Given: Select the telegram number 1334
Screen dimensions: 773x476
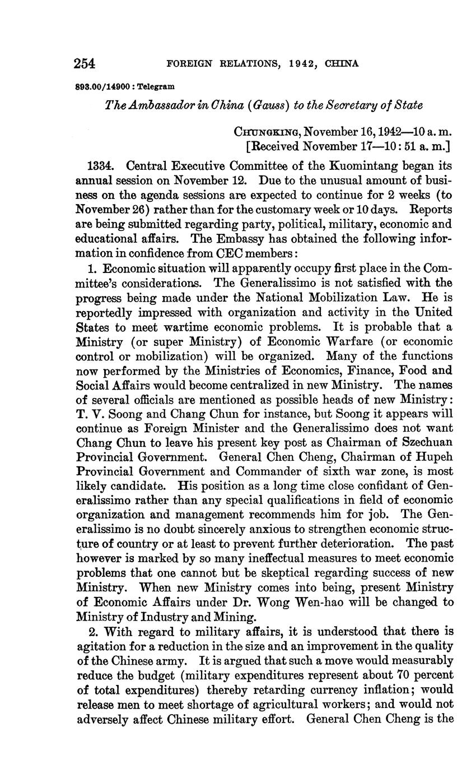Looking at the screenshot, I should coord(102,166).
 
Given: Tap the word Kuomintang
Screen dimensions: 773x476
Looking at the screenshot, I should coord(368,166).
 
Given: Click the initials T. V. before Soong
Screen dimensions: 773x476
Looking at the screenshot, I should coord(88,414).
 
